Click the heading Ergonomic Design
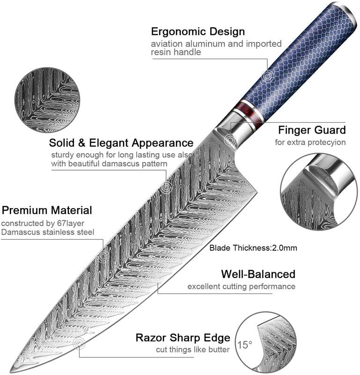(x=198, y=32)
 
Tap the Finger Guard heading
(x=312, y=130)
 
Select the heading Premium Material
(x=47, y=210)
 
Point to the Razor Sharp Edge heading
(x=183, y=337)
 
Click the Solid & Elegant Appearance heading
(x=121, y=142)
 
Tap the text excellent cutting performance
(x=241, y=286)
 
